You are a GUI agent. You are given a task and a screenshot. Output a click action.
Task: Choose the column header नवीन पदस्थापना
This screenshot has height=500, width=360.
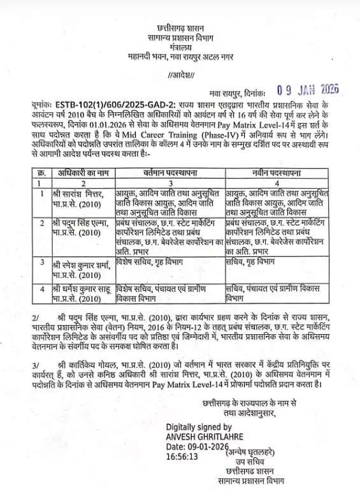point(276,173)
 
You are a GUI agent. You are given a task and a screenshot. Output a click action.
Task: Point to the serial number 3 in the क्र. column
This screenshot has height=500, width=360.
point(41,262)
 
